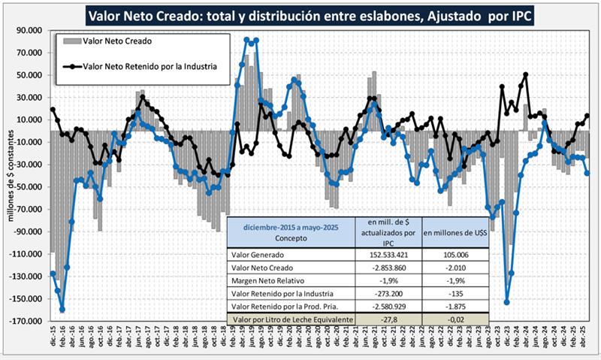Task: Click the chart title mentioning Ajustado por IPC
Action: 309,15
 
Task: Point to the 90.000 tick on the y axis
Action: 31,31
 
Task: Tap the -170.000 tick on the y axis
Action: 29,321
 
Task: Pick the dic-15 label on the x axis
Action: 53,340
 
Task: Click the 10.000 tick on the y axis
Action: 31,120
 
